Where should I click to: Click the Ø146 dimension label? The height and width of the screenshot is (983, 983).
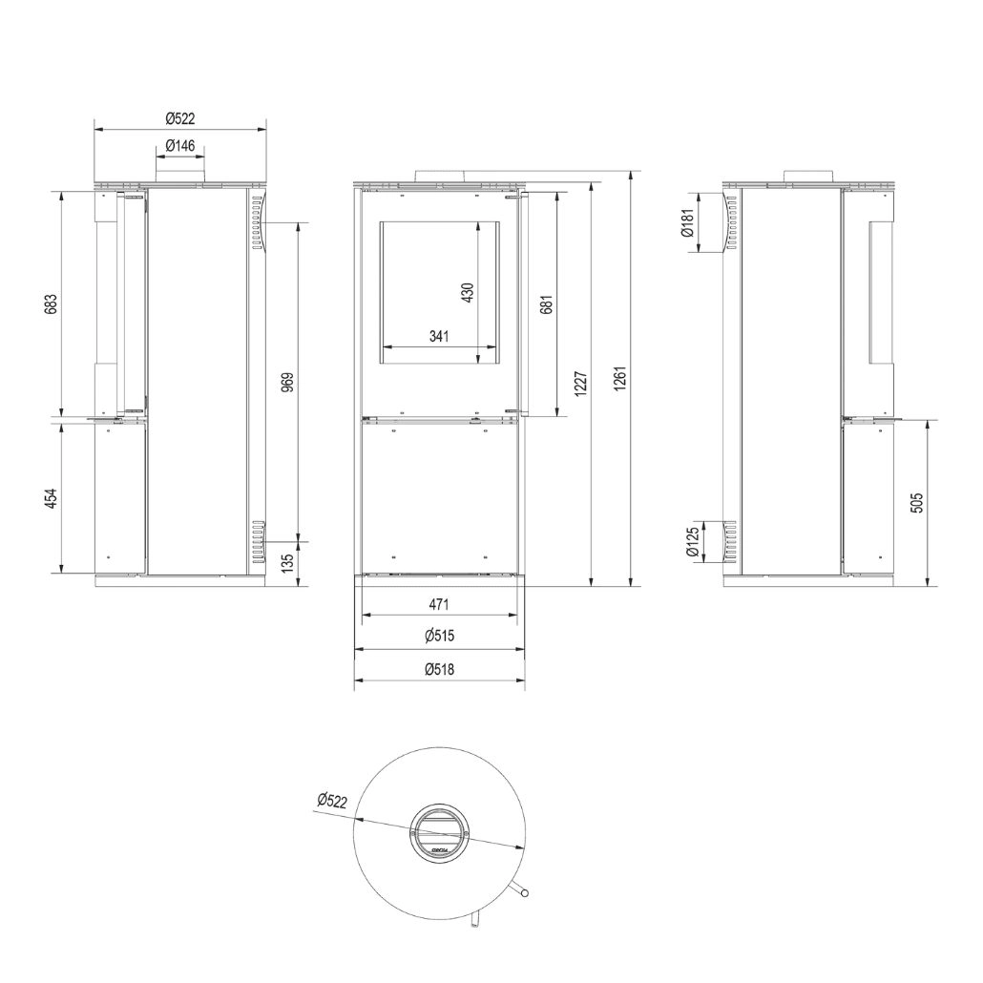[179, 145]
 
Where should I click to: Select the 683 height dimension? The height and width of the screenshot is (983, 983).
[52, 303]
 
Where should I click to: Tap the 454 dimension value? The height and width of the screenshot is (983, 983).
[52, 498]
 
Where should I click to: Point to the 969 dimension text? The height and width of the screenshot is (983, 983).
[287, 382]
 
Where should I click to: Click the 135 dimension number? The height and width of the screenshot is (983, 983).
[287, 564]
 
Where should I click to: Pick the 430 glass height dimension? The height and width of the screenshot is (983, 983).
[467, 292]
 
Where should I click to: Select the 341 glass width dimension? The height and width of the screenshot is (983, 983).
[439, 336]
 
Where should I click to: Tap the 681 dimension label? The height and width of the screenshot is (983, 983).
[546, 303]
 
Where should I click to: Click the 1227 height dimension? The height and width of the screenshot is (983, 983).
[580, 384]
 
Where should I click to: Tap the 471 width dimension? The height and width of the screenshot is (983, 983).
[439, 604]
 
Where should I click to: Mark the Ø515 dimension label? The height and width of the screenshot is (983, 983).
[439, 637]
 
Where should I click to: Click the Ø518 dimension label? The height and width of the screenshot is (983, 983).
[439, 669]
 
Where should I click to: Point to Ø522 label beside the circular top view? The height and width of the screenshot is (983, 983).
[330, 800]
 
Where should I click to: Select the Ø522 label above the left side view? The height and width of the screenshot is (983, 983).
[179, 118]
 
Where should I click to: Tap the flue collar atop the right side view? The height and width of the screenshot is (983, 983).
[809, 177]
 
